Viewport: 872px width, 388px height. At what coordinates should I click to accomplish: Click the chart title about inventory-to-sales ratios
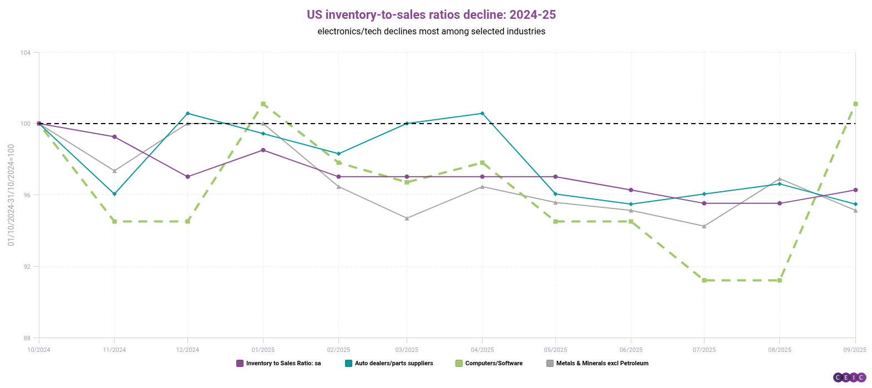click(431, 14)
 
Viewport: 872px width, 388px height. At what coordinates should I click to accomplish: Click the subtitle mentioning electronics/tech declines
click(431, 32)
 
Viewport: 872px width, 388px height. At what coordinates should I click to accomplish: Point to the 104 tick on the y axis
click(26, 53)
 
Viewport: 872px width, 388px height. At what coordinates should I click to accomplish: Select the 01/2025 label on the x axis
click(263, 350)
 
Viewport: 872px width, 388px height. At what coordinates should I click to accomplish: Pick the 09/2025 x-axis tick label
click(855, 350)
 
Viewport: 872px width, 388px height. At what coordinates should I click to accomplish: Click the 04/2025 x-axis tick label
click(482, 350)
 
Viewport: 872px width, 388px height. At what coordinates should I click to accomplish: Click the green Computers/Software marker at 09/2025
click(855, 104)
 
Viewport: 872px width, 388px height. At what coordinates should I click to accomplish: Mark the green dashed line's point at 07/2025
click(704, 280)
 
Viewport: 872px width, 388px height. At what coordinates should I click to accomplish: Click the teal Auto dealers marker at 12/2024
click(187, 113)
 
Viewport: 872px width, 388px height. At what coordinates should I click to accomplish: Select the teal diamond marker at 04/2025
click(482, 113)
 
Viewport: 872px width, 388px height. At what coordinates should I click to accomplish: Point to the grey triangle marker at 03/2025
click(407, 218)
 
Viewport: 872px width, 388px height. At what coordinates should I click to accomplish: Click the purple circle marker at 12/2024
click(187, 177)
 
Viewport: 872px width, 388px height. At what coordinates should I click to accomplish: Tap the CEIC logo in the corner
click(849, 377)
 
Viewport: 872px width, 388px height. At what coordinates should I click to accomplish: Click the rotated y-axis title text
click(11, 195)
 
